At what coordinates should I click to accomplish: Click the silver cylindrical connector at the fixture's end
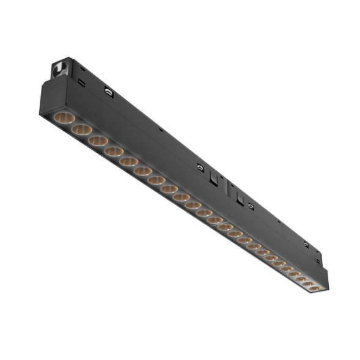[x=61, y=67]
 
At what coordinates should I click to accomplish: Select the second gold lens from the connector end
[x=79, y=129]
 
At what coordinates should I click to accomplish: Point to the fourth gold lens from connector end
[x=113, y=151]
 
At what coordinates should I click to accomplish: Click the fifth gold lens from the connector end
[x=128, y=161]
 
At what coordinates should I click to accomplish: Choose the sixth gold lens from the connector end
[x=142, y=171]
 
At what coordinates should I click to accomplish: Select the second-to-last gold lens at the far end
[x=307, y=282]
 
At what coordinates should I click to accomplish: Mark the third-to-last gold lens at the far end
[x=300, y=277]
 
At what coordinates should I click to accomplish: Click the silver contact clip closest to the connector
[x=108, y=92]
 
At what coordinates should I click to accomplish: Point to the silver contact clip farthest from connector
[x=305, y=244]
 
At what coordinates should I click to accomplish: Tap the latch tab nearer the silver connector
[x=213, y=178]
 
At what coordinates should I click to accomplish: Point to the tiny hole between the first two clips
[x=160, y=130]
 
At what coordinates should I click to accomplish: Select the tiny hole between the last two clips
[x=278, y=222]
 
